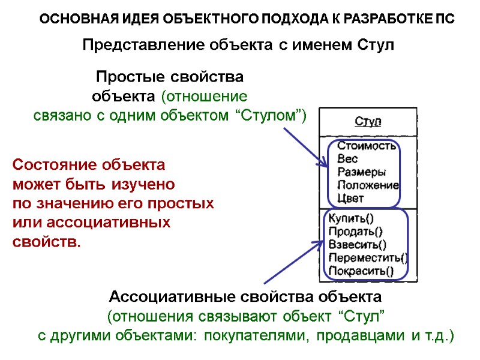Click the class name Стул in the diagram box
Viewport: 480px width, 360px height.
[368, 122]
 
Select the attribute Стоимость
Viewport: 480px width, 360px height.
[367, 145]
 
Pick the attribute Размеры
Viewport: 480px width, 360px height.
[361, 172]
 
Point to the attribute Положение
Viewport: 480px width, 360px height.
[368, 185]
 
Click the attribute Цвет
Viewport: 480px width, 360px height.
[351, 198]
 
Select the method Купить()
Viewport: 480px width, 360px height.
[352, 219]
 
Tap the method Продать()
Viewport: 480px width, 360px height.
[356, 232]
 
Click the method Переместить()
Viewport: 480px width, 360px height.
[368, 258]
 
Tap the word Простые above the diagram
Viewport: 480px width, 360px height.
[125, 77]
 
